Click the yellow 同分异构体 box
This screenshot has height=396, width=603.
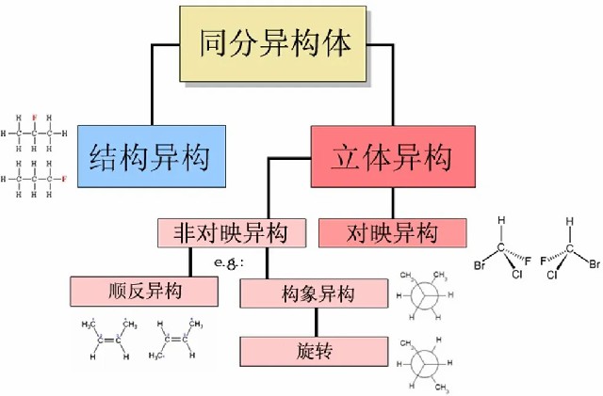274,41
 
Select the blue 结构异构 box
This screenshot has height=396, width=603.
149,154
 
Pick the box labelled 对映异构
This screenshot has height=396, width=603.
392,231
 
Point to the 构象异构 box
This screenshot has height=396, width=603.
313,293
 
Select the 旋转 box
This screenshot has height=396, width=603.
313,352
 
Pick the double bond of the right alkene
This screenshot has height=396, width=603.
175,340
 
